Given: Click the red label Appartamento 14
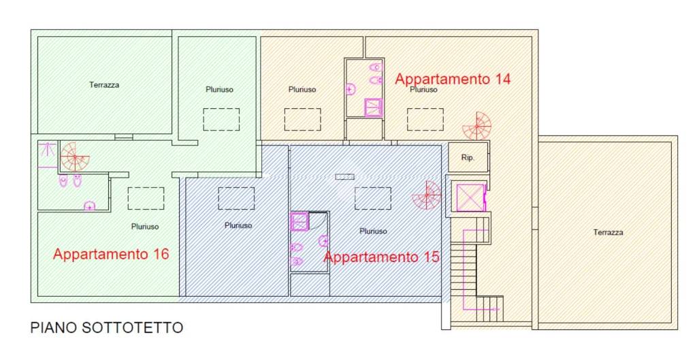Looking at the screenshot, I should (453, 79).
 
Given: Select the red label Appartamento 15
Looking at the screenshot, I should (381, 257).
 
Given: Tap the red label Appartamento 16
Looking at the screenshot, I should (111, 255).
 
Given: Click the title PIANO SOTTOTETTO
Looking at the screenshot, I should (107, 328).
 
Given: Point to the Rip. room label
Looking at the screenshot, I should (468, 158).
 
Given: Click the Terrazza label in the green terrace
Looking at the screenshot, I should (104, 85).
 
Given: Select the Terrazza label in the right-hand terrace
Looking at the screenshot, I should (608, 232).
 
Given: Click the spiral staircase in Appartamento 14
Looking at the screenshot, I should (476, 126).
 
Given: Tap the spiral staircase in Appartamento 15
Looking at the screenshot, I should (427, 195).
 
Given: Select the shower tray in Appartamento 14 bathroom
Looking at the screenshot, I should (374, 108).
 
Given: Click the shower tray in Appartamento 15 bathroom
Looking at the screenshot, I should (299, 222).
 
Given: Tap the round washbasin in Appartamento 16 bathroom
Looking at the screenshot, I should (89, 206).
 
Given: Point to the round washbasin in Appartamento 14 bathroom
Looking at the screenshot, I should (351, 89).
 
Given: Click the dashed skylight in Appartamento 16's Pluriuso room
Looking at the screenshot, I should (146, 198).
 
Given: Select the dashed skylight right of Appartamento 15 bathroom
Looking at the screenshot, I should (372, 198).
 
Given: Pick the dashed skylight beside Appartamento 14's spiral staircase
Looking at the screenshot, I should (425, 119).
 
